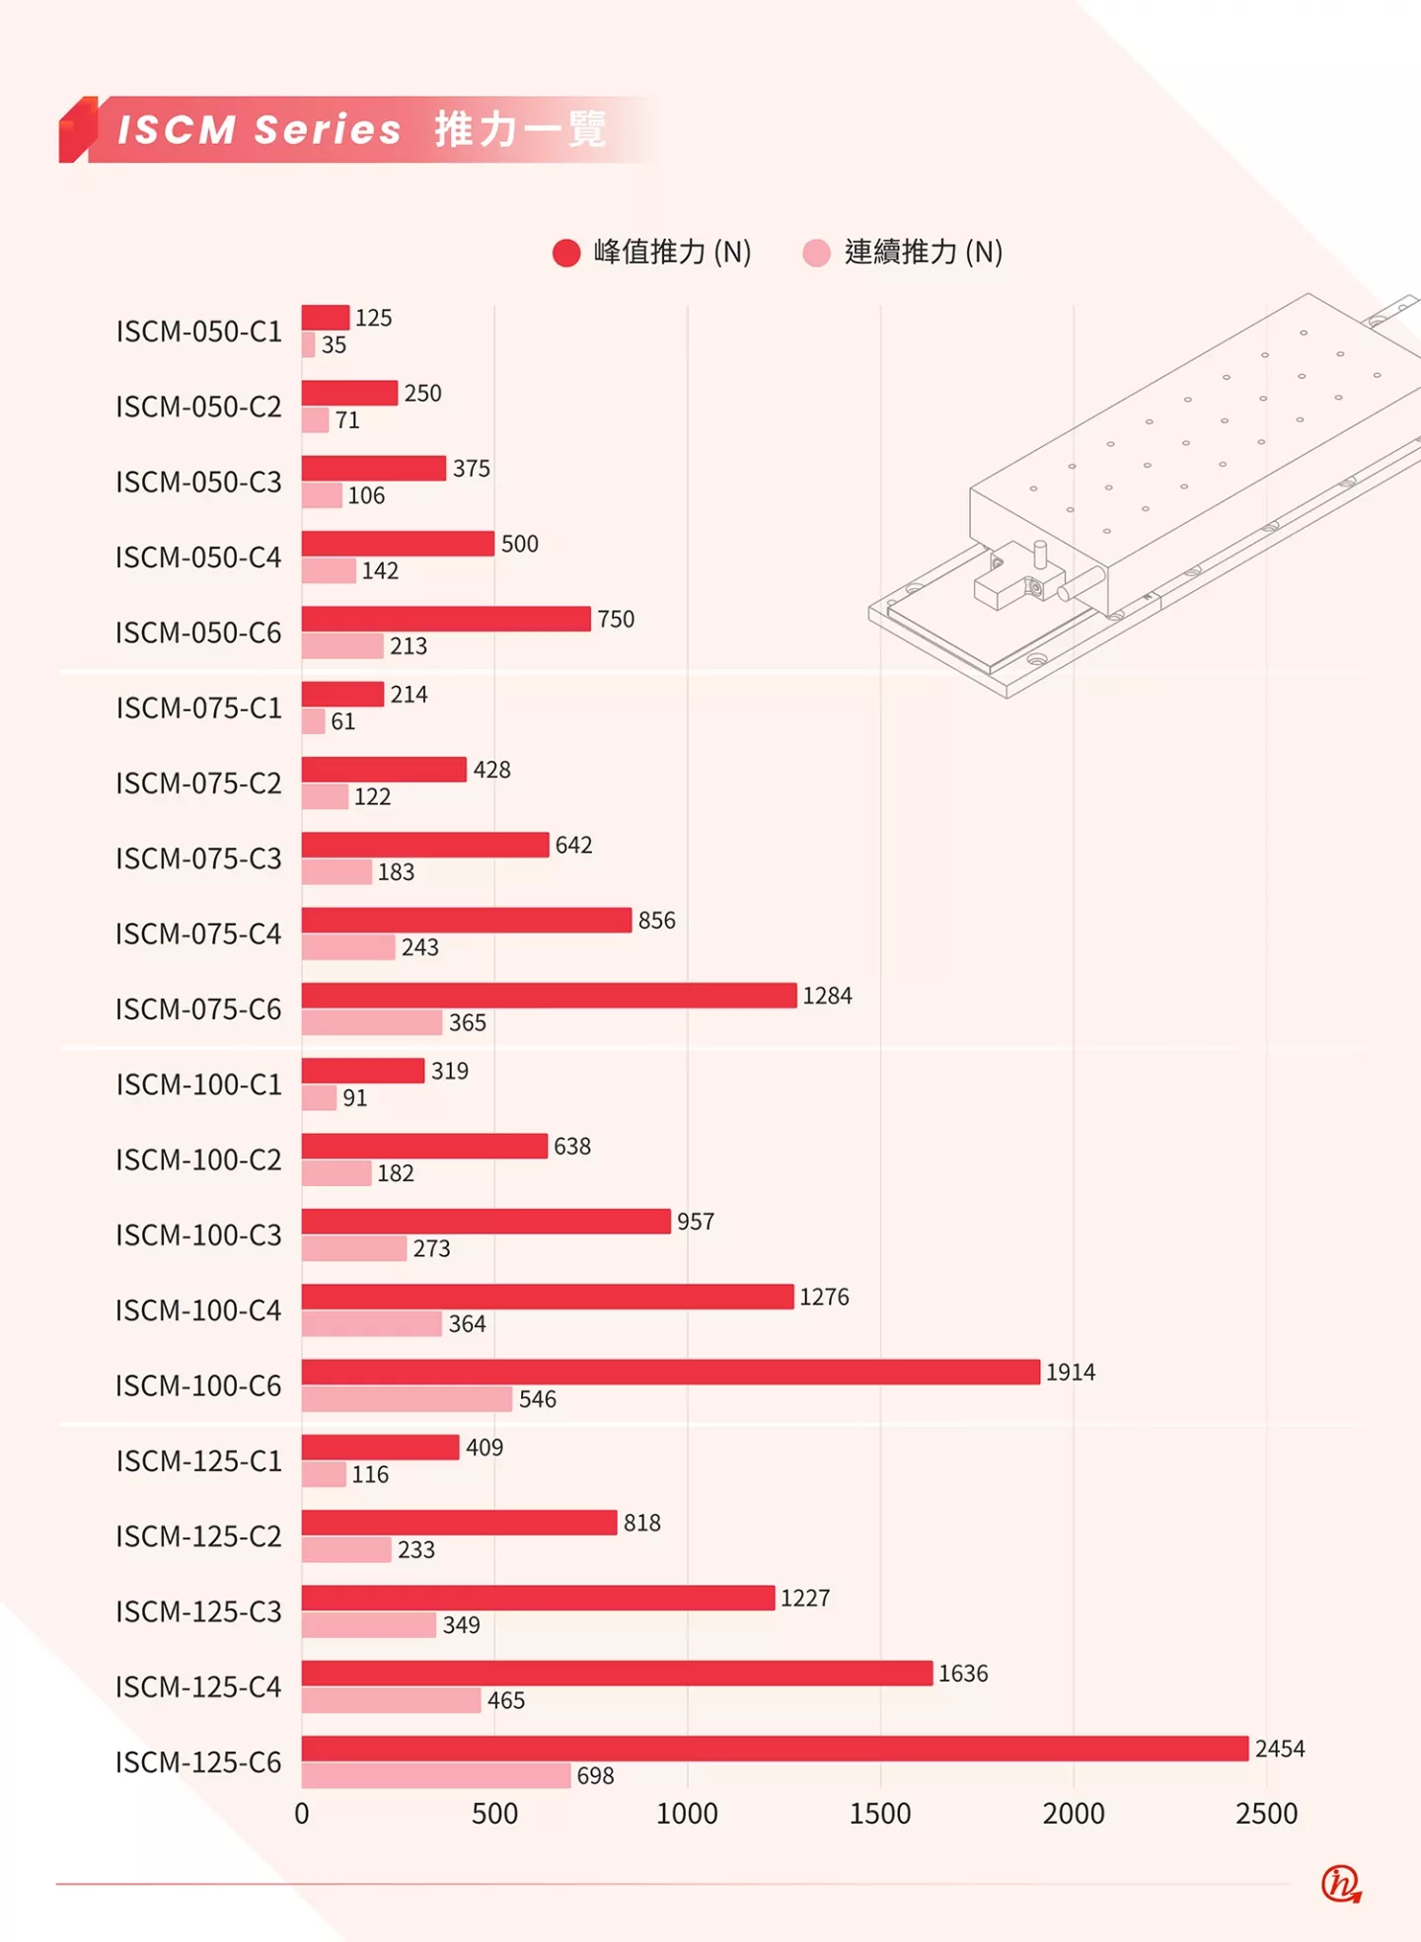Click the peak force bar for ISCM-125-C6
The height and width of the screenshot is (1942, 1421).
click(x=775, y=1749)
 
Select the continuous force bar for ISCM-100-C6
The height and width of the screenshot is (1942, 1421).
click(x=407, y=1399)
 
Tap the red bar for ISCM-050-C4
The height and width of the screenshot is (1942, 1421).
click(x=398, y=544)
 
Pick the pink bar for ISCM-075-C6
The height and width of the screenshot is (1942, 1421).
click(x=372, y=1022)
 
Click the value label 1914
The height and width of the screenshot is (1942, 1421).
click(x=1071, y=1373)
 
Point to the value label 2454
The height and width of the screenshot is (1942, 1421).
click(x=1280, y=1749)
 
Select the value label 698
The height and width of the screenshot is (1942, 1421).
click(x=595, y=1776)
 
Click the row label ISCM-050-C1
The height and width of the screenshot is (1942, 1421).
click(x=198, y=332)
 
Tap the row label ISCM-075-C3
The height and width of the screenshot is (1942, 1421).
click(x=198, y=859)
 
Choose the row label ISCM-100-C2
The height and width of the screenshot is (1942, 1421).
click(x=198, y=1159)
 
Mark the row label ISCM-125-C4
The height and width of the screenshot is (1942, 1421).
click(x=198, y=1687)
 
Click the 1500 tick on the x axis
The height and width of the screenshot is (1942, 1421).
click(x=880, y=1814)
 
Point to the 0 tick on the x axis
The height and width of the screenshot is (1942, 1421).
click(x=302, y=1814)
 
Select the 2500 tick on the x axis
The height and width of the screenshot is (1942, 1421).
click(x=1267, y=1814)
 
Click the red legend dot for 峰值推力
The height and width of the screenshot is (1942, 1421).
click(x=566, y=254)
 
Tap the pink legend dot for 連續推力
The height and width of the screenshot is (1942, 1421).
click(x=817, y=254)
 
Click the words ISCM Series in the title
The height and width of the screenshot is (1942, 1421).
click(x=260, y=130)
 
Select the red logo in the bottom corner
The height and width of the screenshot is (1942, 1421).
click(x=1341, y=1884)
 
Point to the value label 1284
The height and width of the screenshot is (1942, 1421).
click(x=827, y=996)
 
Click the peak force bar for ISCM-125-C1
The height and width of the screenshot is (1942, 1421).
click(x=380, y=1448)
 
